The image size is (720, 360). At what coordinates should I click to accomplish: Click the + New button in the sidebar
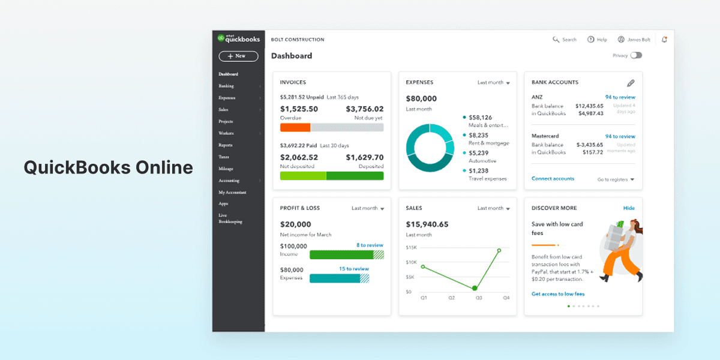coord(238,56)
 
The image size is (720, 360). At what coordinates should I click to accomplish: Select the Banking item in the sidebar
coord(226,86)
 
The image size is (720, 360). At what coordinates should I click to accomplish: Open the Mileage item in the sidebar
coord(226,169)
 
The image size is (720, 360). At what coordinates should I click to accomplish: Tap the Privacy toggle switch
coord(636,55)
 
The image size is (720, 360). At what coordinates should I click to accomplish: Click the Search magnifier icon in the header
coord(556,40)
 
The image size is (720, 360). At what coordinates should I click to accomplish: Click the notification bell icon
coord(664,40)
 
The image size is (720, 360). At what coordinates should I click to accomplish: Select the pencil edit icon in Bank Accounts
coord(631,83)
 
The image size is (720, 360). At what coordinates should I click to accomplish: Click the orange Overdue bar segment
coord(295,127)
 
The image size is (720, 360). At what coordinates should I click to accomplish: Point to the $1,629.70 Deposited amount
coord(364,157)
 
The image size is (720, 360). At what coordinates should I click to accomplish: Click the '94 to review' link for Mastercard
coord(620,136)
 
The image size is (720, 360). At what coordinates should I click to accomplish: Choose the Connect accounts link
coord(553,179)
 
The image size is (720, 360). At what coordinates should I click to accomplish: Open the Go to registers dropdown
coord(616,179)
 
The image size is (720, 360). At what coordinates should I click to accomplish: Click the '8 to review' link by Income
coord(370,245)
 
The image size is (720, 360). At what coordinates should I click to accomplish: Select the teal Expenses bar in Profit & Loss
coord(335,278)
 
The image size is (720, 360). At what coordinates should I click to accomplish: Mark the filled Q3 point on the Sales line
coord(475,289)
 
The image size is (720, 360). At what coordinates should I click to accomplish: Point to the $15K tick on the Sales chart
coord(411,247)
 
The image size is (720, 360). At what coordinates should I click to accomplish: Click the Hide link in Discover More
coord(629,208)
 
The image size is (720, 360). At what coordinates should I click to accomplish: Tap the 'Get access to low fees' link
coord(558,294)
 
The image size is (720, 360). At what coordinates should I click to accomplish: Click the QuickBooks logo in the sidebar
coord(238,38)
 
